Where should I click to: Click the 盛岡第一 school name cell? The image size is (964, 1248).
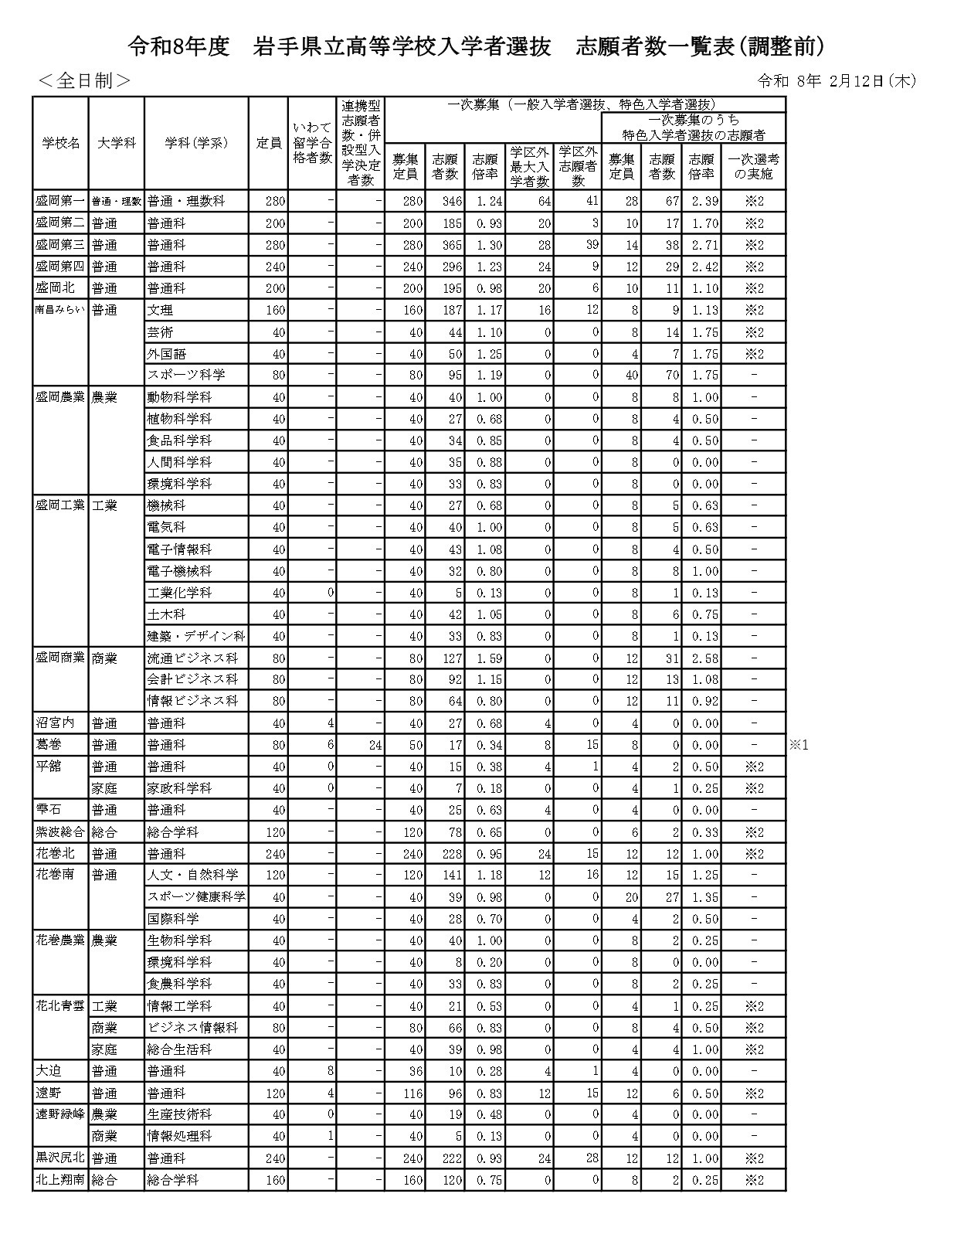point(60,201)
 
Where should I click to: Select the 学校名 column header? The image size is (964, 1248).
point(61,143)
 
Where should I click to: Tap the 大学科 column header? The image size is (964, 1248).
point(117,143)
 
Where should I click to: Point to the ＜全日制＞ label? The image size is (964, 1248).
point(84,80)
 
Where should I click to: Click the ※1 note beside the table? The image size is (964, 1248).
point(799,746)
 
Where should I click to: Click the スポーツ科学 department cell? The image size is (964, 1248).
point(186,375)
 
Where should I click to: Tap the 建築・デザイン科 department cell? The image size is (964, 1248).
point(196,636)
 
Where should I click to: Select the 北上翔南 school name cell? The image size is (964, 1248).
point(60,1180)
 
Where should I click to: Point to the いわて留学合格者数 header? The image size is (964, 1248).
point(313,143)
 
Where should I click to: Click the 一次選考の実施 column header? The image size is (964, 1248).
point(753,167)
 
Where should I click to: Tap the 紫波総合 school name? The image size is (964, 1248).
point(60,832)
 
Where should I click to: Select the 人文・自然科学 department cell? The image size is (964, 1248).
point(192,875)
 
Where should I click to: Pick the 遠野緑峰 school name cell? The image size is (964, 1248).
point(60,1114)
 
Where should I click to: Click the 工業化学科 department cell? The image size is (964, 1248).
point(179,593)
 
